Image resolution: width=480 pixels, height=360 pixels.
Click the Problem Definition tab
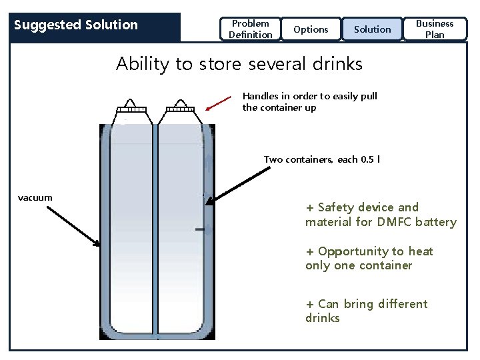tap(250, 29)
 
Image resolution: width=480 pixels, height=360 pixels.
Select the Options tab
tap(311, 29)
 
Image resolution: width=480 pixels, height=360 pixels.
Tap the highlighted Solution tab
tap(372, 29)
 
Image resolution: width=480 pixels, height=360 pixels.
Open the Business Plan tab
tap(435, 29)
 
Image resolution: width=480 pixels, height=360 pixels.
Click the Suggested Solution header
tap(76, 25)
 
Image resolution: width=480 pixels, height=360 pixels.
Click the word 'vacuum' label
tap(35, 197)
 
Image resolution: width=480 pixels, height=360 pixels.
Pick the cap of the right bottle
tap(179, 108)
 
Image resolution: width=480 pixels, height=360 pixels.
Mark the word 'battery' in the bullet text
tap(436, 222)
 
